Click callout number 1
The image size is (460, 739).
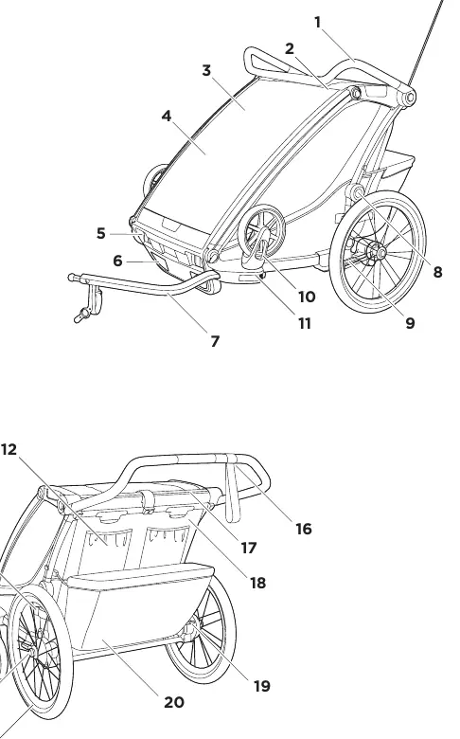click(318, 22)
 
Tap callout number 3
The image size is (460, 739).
click(206, 70)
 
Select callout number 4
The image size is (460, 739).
click(167, 116)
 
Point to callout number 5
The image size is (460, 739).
click(100, 233)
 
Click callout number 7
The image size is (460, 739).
click(215, 341)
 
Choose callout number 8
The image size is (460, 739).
click(438, 272)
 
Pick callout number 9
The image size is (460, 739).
click(410, 323)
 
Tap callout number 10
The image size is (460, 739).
click(307, 297)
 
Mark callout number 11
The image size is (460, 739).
click(304, 324)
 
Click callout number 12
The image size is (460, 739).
click(9, 450)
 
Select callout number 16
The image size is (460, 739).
click(304, 529)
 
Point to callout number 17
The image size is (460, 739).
click(249, 548)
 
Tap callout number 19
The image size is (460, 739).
click(262, 686)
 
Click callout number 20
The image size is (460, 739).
click(174, 703)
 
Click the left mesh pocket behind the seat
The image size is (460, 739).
click(108, 541)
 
